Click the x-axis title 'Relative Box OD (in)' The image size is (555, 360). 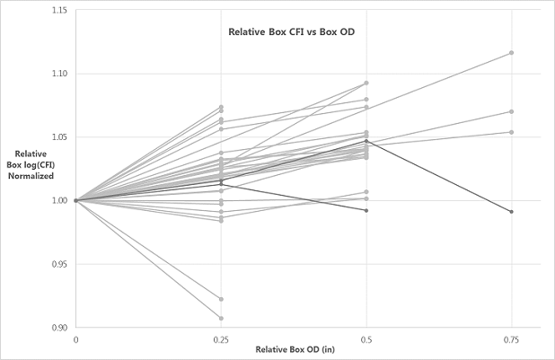(x=295, y=347)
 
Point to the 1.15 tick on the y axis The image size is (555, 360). (x=57, y=11)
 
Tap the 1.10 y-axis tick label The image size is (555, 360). (x=57, y=74)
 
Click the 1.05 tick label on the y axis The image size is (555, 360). (x=57, y=137)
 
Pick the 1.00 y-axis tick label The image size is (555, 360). (x=57, y=200)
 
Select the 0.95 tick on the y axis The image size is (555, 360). (x=57, y=264)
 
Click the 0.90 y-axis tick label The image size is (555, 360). (x=57, y=328)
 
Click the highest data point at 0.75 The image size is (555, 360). (x=511, y=52)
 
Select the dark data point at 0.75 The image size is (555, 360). (x=511, y=212)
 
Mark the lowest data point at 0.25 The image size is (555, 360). (x=221, y=318)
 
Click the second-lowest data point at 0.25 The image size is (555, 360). (x=221, y=299)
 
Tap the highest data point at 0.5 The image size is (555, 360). (x=366, y=83)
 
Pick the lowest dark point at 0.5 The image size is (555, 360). (x=366, y=210)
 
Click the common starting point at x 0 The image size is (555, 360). (x=76, y=200)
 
